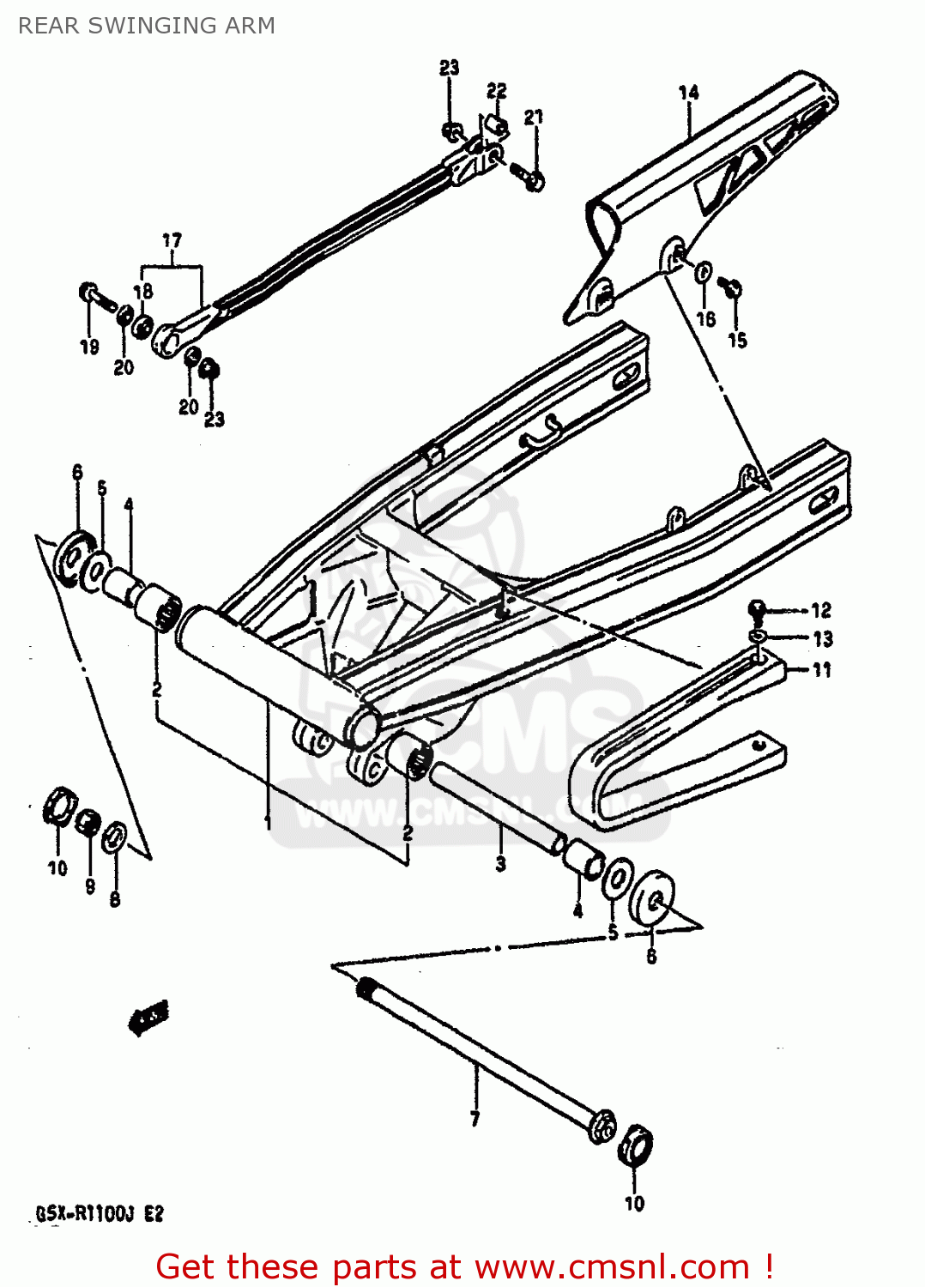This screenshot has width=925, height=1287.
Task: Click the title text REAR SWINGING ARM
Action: (x=147, y=26)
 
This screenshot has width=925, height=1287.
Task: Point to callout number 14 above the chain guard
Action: (x=688, y=93)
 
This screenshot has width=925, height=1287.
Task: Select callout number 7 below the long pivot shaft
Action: (x=475, y=1119)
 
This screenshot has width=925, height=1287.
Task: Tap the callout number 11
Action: (x=822, y=670)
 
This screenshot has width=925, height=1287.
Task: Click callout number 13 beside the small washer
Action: (x=822, y=639)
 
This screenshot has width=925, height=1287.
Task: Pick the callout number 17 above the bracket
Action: (x=172, y=240)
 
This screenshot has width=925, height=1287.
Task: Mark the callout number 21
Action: (x=534, y=117)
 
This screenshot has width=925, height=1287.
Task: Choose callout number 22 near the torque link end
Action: (x=497, y=91)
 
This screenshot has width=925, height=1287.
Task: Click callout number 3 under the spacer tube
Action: (x=500, y=864)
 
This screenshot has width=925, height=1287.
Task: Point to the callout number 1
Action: (x=268, y=821)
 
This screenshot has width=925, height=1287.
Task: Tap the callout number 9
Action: (x=90, y=886)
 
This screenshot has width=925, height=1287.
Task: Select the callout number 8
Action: (x=115, y=899)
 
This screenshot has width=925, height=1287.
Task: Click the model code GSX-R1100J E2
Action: (x=99, y=1214)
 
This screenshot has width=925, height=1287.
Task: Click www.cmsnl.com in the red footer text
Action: (x=612, y=1266)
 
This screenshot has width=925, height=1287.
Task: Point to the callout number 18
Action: (x=143, y=292)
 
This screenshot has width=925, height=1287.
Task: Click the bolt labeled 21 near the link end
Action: (x=529, y=178)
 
